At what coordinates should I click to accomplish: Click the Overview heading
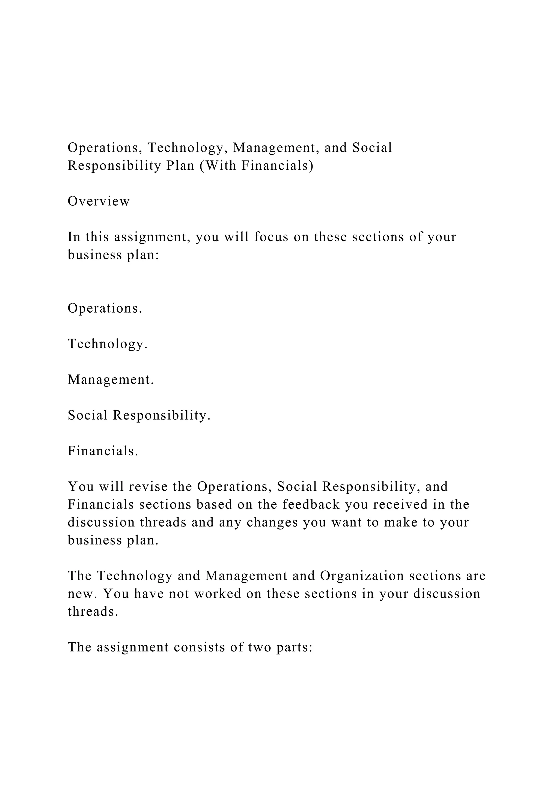pyautogui.click(x=99, y=201)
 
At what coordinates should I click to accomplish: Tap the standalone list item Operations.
pyautogui.click(x=105, y=308)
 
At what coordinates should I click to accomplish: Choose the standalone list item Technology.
pyautogui.click(x=107, y=344)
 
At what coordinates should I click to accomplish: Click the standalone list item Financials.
pyautogui.click(x=103, y=451)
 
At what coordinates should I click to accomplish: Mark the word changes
pyautogui.click(x=272, y=522)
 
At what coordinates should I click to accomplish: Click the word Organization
pyautogui.click(x=362, y=576)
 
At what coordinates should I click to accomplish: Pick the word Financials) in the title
pyautogui.click(x=277, y=166)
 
